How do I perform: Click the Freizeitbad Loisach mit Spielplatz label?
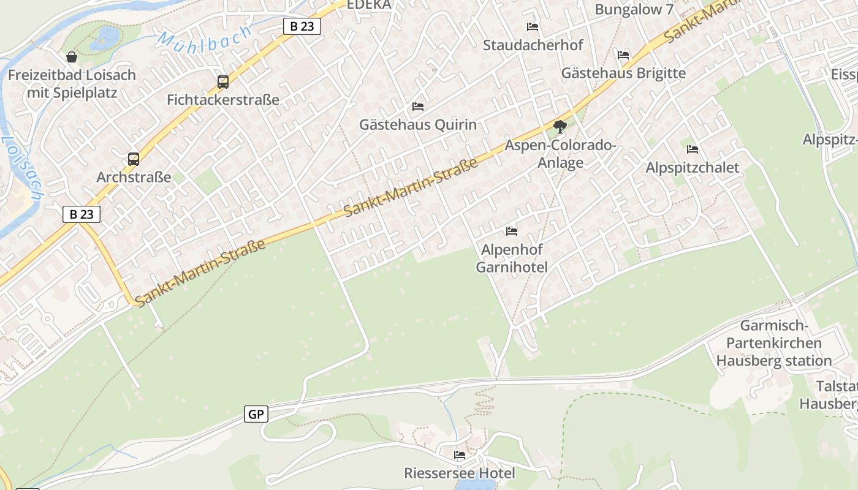[72, 85]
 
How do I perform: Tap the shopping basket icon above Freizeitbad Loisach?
[72, 57]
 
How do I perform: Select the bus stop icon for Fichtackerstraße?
[223, 81]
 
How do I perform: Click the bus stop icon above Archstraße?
[134, 159]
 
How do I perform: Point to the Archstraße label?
[134, 178]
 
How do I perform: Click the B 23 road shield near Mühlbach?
[302, 26]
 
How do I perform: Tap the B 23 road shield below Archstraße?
[82, 214]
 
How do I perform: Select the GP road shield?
[256, 414]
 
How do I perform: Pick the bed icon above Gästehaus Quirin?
[418, 107]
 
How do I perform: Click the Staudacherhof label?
[533, 45]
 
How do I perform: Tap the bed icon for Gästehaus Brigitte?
[623, 55]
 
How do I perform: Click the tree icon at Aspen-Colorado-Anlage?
[560, 127]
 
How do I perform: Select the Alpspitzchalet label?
[693, 168]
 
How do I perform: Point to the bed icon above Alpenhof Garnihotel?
[512, 231]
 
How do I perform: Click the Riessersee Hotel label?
[459, 473]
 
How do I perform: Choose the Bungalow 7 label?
[634, 10]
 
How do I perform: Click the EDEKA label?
[369, 5]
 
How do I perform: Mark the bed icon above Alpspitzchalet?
[693, 149]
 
